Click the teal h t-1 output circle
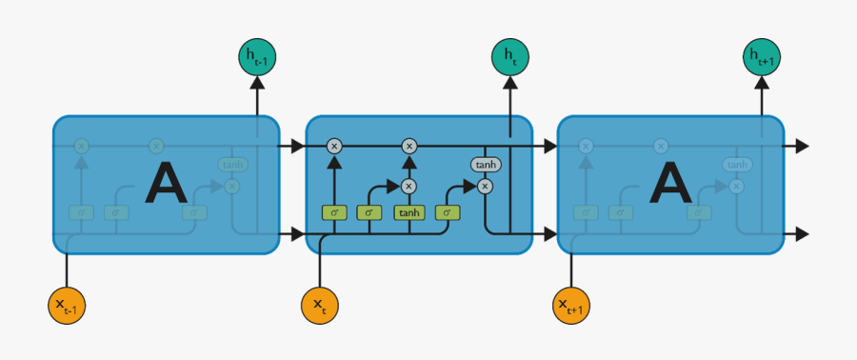tap(257, 57)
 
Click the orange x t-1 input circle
tap(67, 305)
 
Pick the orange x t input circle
tap(320, 305)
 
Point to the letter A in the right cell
tap(672, 184)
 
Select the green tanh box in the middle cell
tap(409, 212)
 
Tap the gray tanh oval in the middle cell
tap(485, 165)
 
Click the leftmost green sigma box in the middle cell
tap(334, 212)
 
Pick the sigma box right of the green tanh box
tap(447, 212)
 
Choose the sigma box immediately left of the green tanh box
tap(369, 212)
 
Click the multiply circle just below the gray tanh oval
tap(485, 186)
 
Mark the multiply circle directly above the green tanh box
tap(409, 186)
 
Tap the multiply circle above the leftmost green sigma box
tap(334, 146)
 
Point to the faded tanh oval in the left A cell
tap(231, 165)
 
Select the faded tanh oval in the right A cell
tap(736, 165)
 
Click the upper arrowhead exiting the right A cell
tap(802, 146)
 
